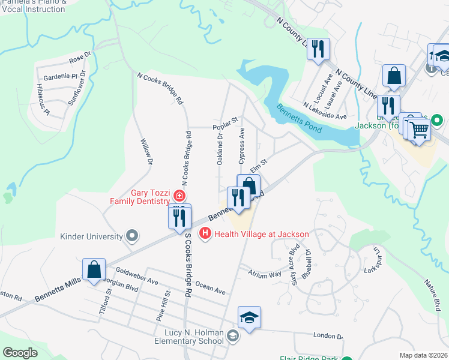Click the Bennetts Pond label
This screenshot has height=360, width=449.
299,118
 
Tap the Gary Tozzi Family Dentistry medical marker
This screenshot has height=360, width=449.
178,196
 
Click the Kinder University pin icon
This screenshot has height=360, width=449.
131,236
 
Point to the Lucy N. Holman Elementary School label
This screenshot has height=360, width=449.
185,337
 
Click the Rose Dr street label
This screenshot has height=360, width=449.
79,58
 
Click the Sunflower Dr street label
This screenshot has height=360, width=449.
77,88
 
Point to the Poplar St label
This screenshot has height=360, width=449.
226,127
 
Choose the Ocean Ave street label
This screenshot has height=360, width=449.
211,289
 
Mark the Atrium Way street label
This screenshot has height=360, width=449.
265,274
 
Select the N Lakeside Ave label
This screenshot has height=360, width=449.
325,110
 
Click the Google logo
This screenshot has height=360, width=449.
20,353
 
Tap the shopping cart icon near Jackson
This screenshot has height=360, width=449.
419,129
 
